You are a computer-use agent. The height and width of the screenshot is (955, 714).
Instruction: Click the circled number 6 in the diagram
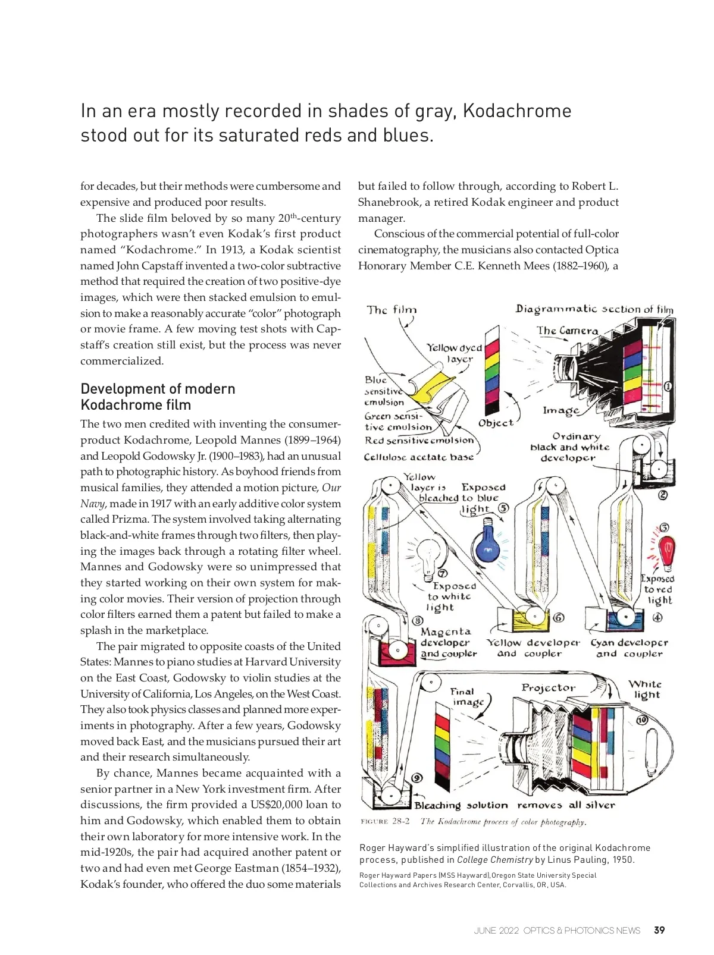click(559, 618)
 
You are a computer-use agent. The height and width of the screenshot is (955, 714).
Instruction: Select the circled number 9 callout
click(417, 778)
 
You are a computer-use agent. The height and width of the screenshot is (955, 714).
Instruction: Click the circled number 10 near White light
click(642, 720)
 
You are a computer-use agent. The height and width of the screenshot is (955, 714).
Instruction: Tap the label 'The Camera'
click(567, 331)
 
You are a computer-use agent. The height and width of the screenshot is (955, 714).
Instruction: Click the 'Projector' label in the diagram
click(548, 687)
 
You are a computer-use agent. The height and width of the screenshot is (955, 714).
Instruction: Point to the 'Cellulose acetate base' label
click(419, 457)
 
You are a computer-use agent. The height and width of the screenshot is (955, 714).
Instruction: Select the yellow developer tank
click(531, 621)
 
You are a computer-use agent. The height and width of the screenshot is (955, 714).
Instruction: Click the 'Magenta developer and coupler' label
click(448, 643)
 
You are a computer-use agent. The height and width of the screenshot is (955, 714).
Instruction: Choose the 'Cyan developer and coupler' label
click(629, 648)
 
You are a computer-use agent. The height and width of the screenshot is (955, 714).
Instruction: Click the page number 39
click(659, 930)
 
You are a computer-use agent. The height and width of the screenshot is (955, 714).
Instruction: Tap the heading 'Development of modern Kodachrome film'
click(158, 397)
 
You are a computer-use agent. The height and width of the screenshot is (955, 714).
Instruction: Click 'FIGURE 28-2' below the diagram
click(385, 822)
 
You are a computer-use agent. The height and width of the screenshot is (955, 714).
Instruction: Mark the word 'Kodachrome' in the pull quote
click(516, 111)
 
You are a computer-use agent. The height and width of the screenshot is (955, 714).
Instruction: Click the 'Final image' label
click(466, 696)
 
